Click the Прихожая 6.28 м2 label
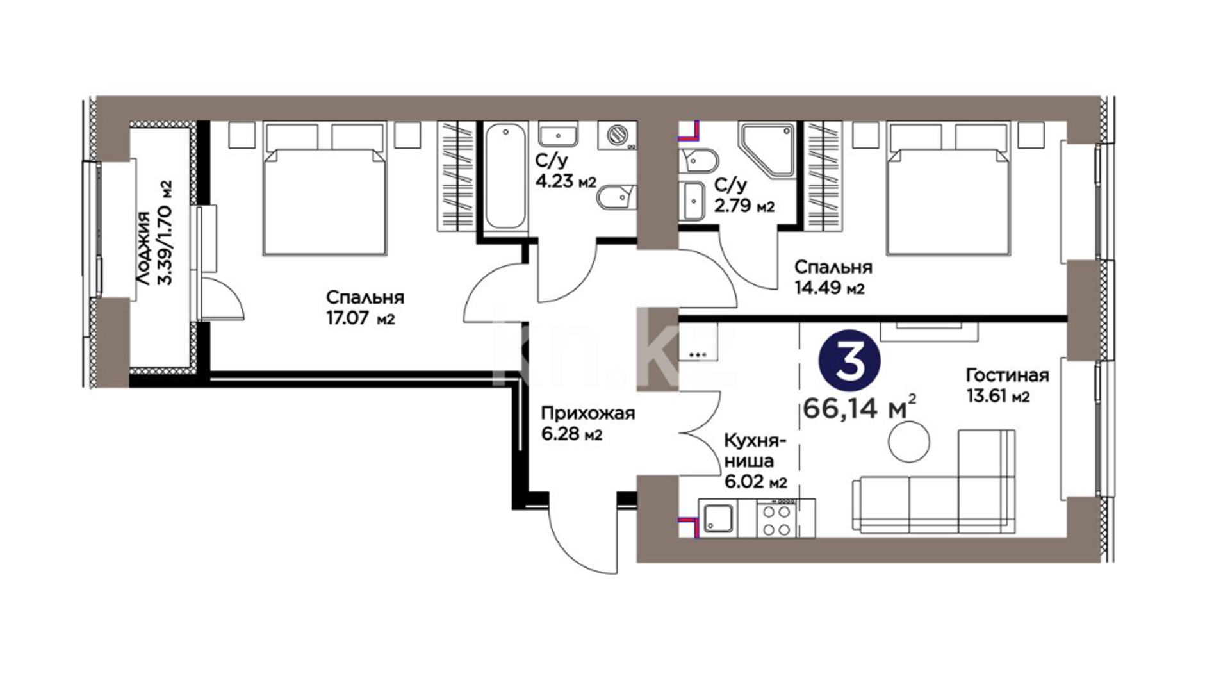click(x=587, y=424)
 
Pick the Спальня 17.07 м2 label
click(x=365, y=308)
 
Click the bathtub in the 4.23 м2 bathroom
click(x=505, y=176)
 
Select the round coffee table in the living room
click(x=908, y=441)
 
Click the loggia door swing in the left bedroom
click(x=222, y=294)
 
